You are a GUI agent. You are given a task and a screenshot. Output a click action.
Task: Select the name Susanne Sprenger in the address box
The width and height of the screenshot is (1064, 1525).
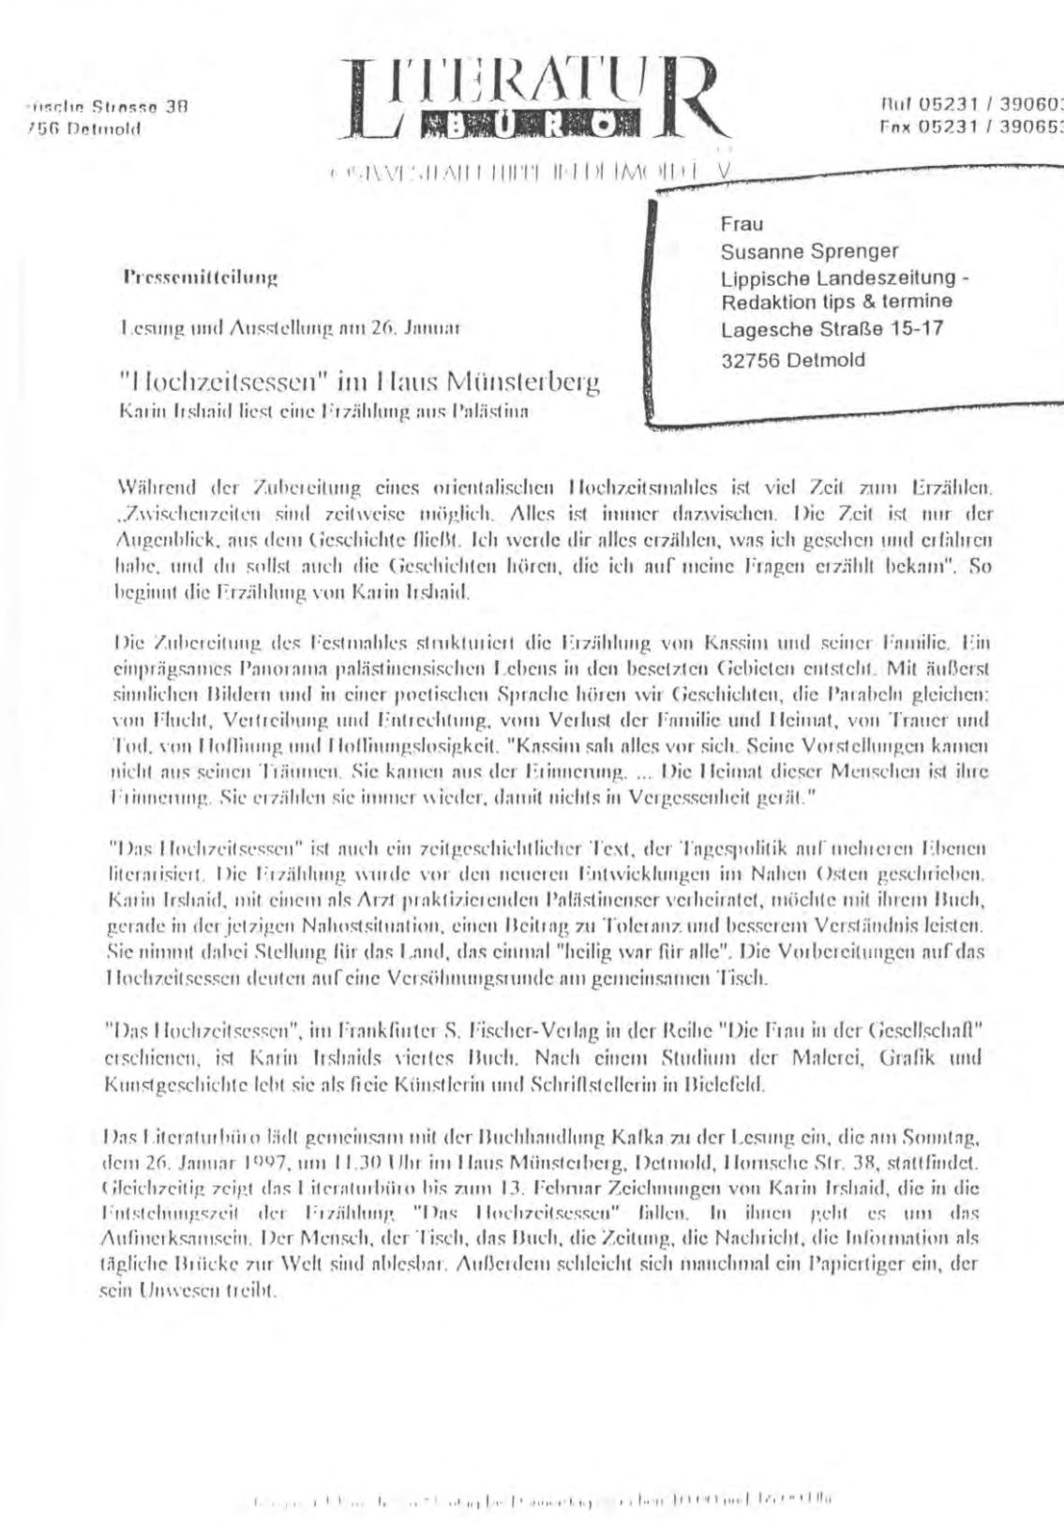[x=809, y=251]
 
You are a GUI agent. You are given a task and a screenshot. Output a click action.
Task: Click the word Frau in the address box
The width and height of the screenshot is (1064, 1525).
[x=742, y=224]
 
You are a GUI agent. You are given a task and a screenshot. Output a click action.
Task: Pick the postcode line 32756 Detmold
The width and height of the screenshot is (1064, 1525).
[x=793, y=359]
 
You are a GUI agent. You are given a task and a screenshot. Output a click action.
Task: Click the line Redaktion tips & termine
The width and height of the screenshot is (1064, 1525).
[x=836, y=301]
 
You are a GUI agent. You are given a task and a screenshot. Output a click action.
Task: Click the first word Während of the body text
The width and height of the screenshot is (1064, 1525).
[x=144, y=488]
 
